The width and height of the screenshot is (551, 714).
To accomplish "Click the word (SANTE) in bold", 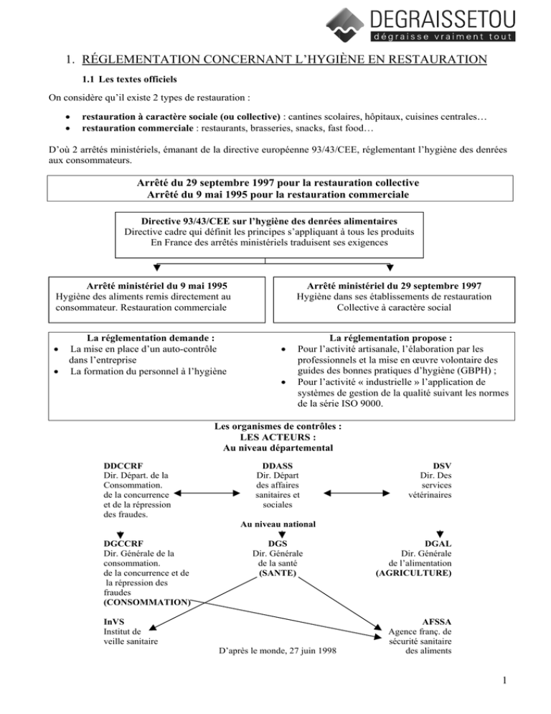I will [x=277, y=575].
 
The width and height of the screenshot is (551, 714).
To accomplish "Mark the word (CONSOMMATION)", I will [x=147, y=602].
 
